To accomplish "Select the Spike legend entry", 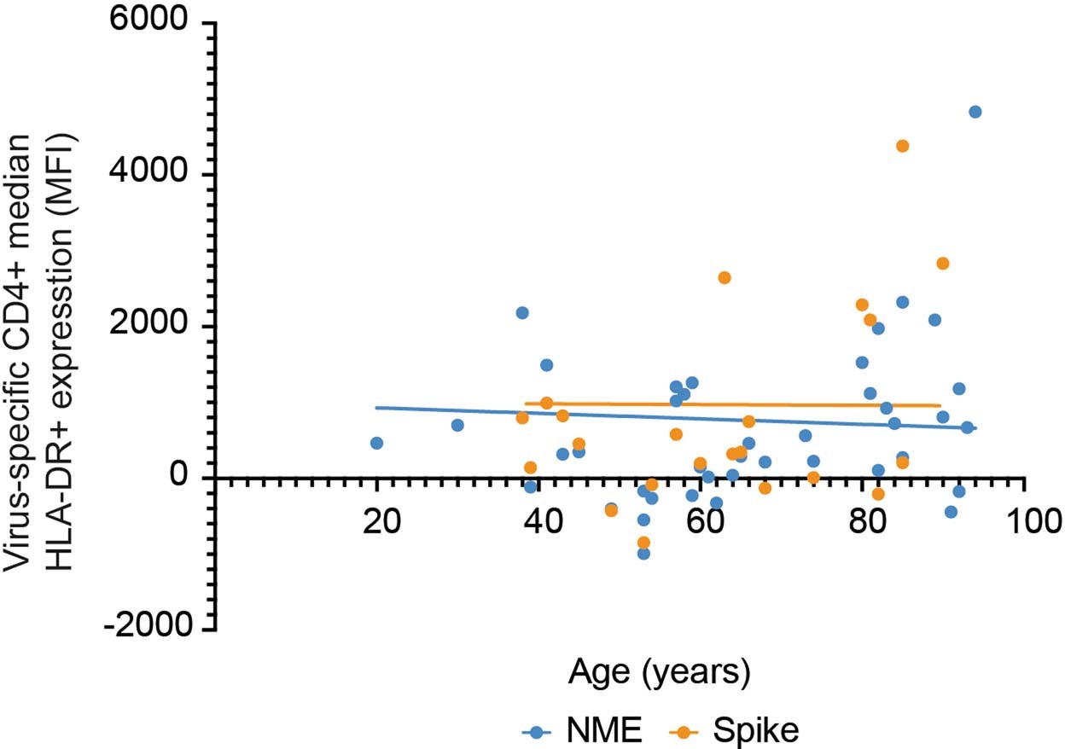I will click(x=743, y=730).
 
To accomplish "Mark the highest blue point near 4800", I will click(x=975, y=112).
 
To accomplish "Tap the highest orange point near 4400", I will click(x=902, y=146).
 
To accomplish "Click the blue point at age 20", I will click(x=376, y=443).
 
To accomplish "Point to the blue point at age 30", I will click(x=457, y=425).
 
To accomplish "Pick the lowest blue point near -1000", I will click(x=643, y=554).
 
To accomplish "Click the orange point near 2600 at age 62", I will click(x=725, y=277).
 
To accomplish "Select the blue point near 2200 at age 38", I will click(x=522, y=313).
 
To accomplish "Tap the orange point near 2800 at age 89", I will click(x=942, y=264).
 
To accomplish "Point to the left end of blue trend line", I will click(x=377, y=408).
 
